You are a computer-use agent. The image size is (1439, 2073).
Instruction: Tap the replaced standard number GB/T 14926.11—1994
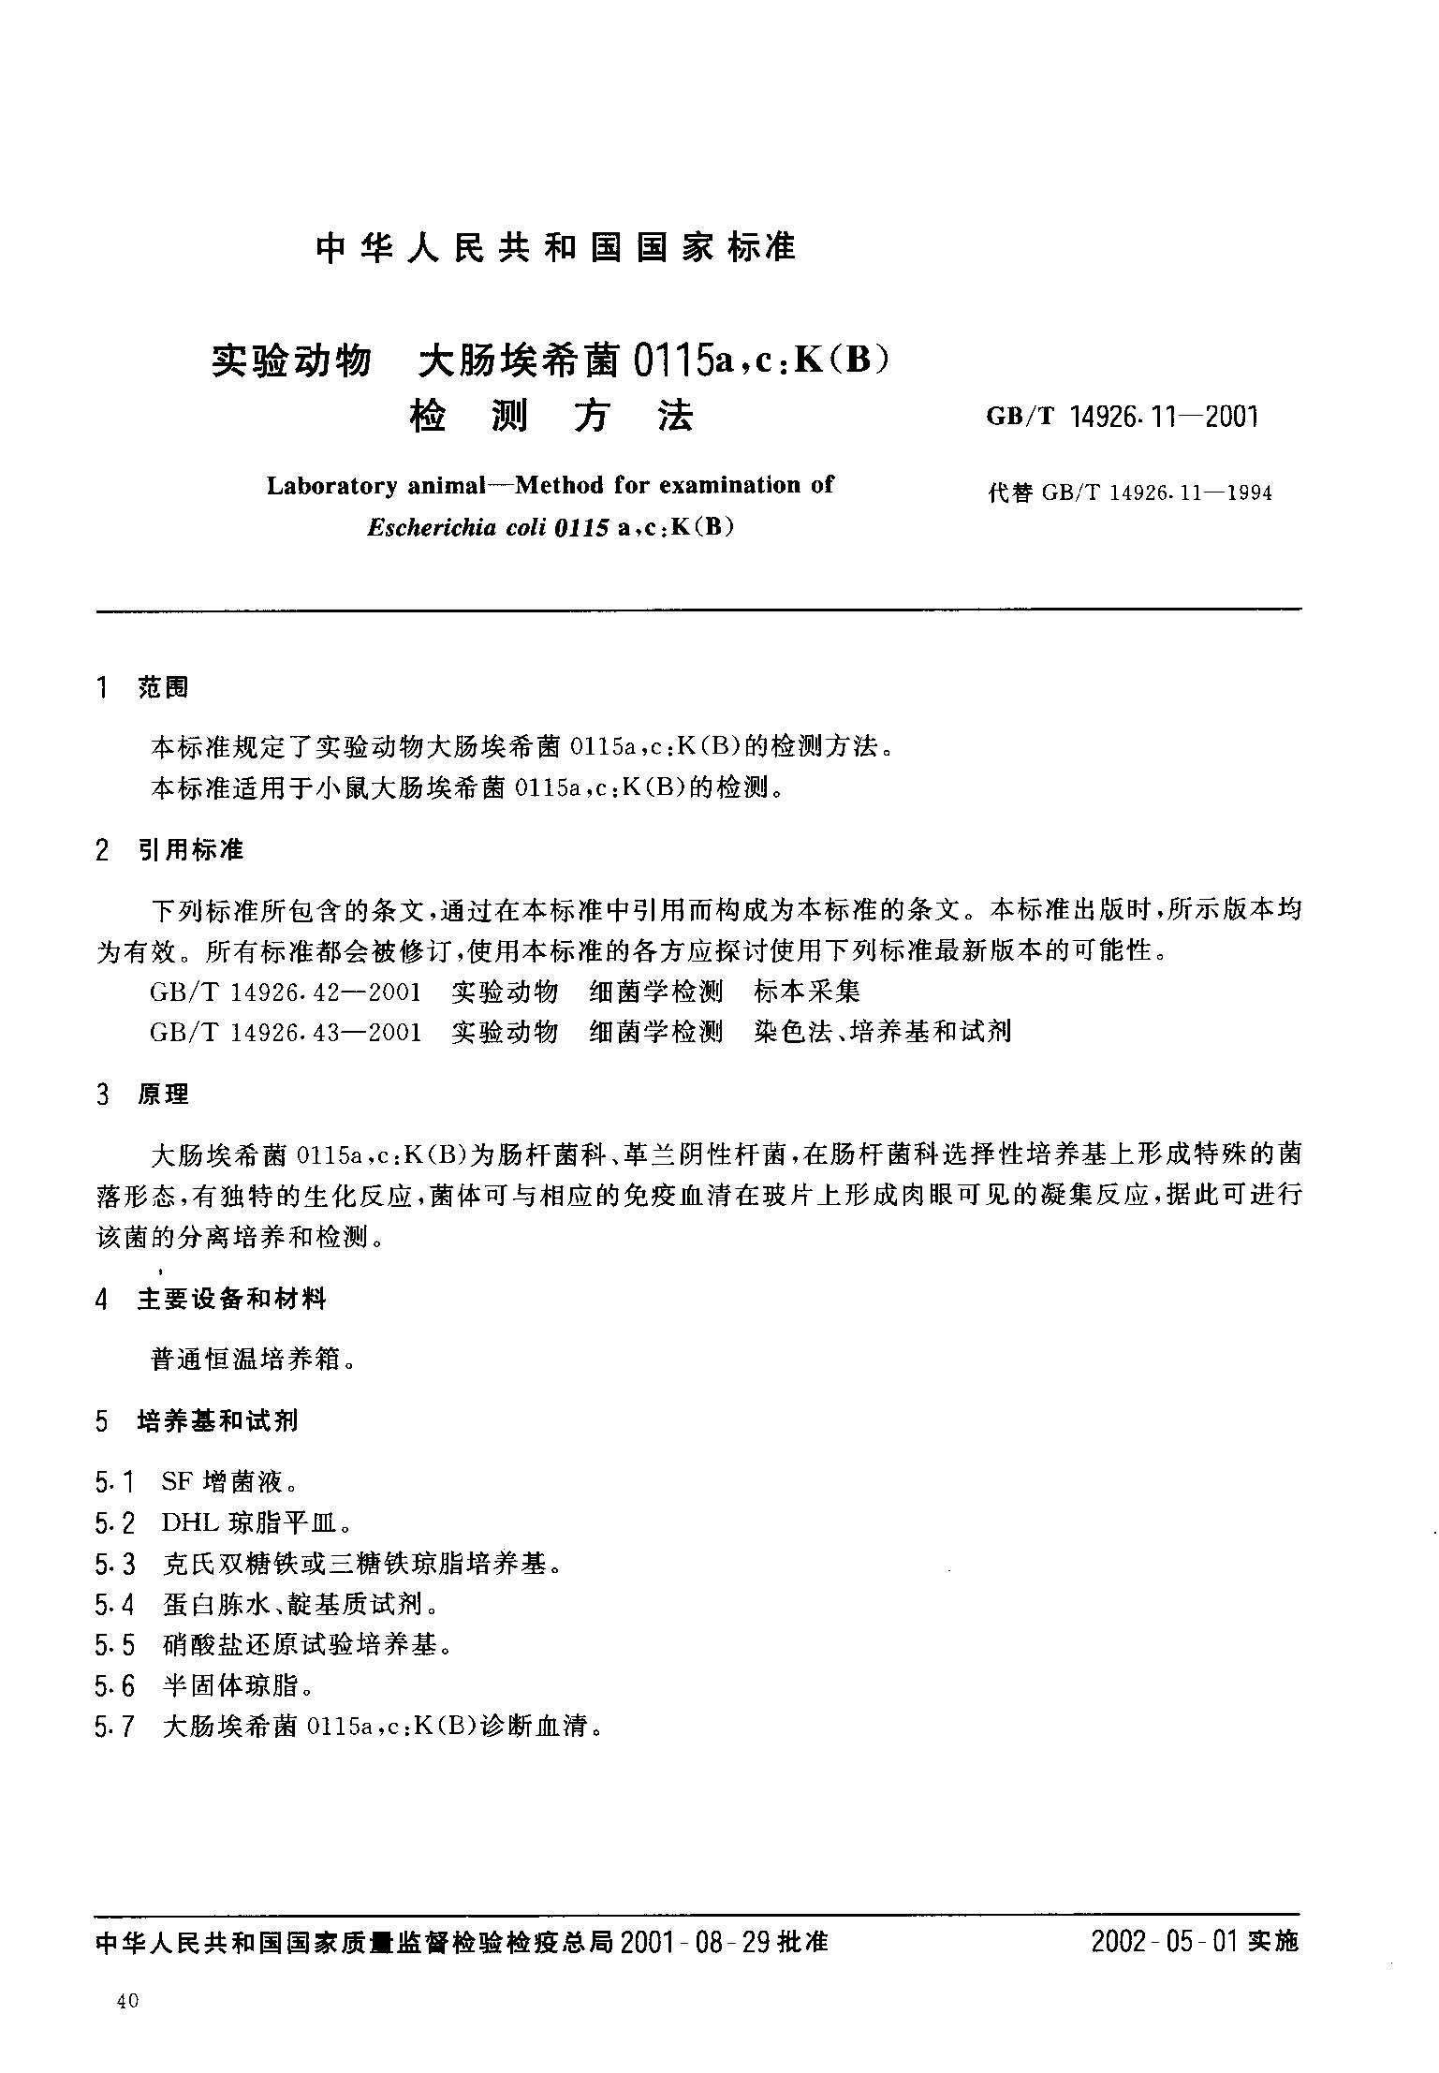click(1155, 493)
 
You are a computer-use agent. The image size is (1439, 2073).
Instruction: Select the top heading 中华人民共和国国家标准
click(556, 247)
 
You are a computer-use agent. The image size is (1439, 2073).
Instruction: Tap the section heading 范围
click(163, 688)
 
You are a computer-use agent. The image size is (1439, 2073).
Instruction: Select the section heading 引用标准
click(190, 849)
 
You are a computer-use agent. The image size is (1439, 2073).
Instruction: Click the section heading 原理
click(163, 1094)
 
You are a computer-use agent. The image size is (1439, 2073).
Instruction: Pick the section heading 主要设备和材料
click(231, 1299)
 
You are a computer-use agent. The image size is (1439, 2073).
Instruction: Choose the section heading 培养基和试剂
click(217, 1420)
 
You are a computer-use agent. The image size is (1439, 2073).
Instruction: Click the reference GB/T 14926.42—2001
click(285, 992)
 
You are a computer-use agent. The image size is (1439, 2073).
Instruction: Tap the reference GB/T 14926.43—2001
click(285, 1032)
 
